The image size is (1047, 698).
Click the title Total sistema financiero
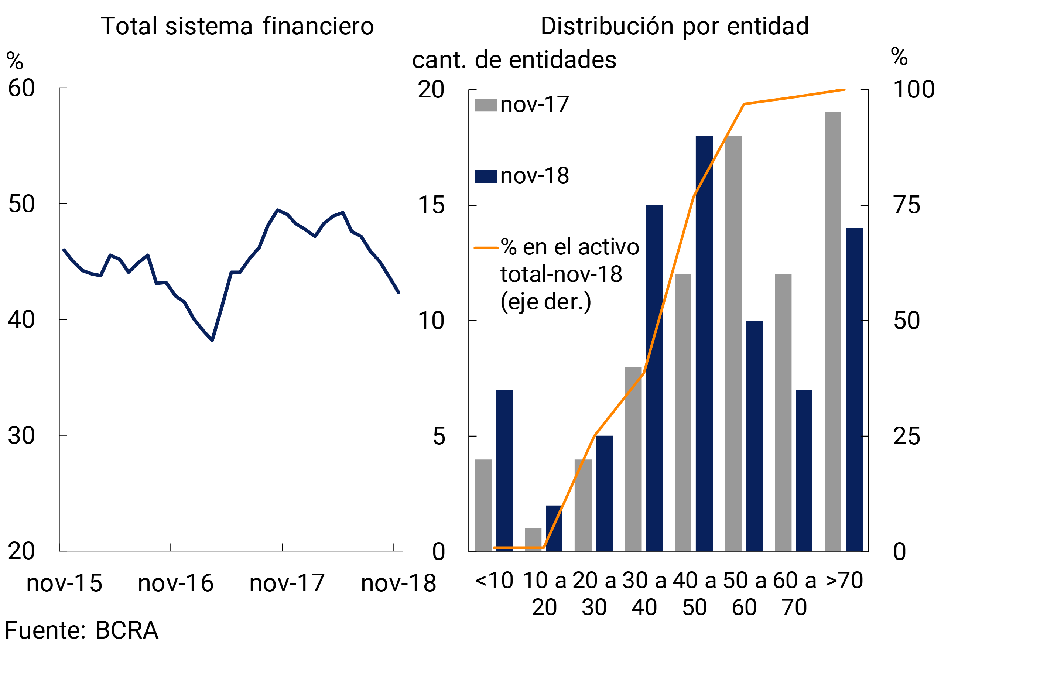coord(237,26)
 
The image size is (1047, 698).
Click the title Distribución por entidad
coord(674,26)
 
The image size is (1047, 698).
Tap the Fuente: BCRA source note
coord(82,630)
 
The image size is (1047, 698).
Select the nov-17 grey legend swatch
coord(486,106)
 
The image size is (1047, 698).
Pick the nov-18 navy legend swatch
coord(486,176)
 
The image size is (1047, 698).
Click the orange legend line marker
coord(486,247)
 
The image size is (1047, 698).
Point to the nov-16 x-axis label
coord(176,584)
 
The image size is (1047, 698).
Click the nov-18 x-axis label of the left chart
coord(398,584)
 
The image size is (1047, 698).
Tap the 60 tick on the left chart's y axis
coord(21,88)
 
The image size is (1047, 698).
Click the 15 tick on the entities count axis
coord(431,205)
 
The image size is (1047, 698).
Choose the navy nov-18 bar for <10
coord(504,471)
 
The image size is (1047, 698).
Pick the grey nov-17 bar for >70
coord(832,332)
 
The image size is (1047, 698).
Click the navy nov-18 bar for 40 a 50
coord(704,344)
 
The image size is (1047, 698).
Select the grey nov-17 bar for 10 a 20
coord(533,540)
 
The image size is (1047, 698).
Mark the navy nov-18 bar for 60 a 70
coord(804,471)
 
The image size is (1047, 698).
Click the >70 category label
coord(844,581)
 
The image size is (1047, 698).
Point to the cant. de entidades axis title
coord(514,60)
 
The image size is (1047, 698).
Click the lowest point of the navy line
coord(212,340)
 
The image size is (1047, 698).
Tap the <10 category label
coord(494,581)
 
